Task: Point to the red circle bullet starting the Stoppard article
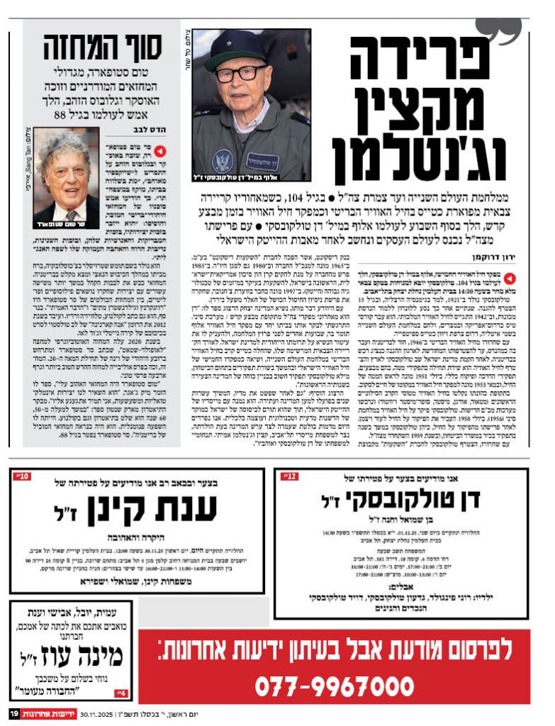[x=161, y=150]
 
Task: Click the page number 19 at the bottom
[x=13, y=713]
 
